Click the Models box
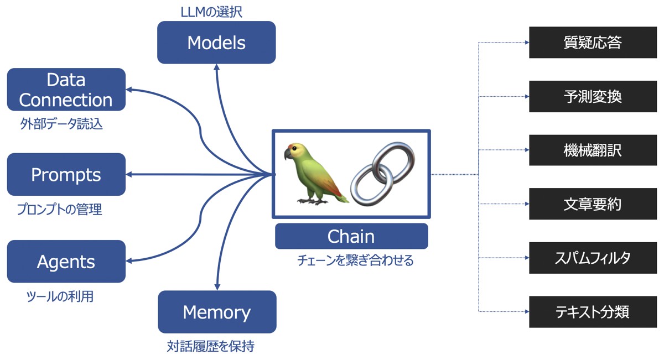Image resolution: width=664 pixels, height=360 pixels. click(216, 43)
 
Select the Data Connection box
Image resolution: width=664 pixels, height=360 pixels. click(66, 90)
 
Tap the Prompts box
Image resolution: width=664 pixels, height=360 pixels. click(66, 174)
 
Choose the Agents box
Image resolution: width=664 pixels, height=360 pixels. click(66, 262)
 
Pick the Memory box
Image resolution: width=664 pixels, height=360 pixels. click(217, 312)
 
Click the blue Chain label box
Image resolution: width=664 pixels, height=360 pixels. click(351, 236)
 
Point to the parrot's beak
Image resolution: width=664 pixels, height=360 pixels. click(288, 154)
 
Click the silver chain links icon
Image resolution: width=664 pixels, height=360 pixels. click(383, 174)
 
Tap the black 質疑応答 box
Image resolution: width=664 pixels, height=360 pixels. click(593, 43)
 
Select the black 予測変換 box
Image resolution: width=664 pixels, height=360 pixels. click(593, 96)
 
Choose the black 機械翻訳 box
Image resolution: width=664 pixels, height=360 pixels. click(593, 150)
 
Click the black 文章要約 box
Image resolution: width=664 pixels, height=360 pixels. click(593, 204)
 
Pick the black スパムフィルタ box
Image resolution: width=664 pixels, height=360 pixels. click(593, 258)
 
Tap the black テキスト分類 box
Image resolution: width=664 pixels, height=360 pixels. click(593, 312)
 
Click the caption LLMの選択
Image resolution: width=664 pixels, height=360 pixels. click(211, 12)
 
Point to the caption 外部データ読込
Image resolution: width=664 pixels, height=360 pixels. click(61, 123)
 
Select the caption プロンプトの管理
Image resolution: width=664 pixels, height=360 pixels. click(60, 209)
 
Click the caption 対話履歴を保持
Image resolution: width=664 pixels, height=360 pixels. click(211, 346)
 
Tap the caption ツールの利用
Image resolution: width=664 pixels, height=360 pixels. click(60, 296)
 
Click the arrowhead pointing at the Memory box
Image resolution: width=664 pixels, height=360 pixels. click(217, 287)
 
